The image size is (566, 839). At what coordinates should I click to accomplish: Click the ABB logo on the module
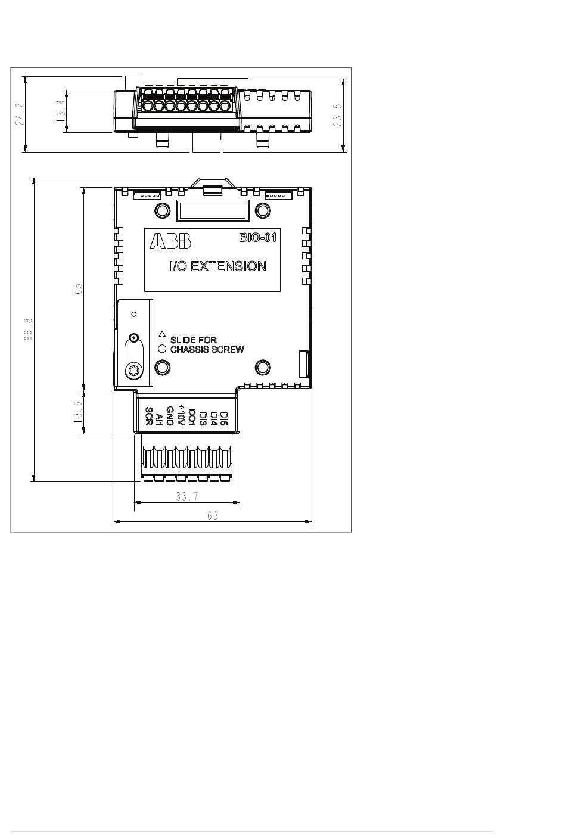(x=170, y=241)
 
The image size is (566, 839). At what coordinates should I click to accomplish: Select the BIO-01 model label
(x=258, y=238)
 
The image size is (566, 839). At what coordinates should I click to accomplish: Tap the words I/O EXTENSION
(x=218, y=266)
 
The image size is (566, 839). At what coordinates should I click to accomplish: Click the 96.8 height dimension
(x=29, y=330)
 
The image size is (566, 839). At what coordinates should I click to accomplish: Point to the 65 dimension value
(x=78, y=289)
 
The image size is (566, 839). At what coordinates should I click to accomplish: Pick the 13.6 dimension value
(x=77, y=412)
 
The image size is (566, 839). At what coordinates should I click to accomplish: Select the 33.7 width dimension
(x=187, y=496)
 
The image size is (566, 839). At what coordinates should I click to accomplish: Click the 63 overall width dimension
(x=213, y=516)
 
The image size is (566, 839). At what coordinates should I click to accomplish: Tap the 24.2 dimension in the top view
(x=20, y=114)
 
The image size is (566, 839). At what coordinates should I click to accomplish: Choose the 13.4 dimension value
(x=61, y=111)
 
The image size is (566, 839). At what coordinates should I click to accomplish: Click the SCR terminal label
(x=149, y=416)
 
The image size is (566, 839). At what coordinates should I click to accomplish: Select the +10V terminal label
(x=181, y=415)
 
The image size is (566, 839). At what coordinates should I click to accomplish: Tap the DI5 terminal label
(x=224, y=419)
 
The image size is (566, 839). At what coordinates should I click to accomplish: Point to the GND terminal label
(x=170, y=416)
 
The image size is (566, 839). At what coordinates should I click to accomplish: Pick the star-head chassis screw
(x=133, y=371)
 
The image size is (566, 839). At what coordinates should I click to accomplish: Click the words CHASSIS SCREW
(x=207, y=349)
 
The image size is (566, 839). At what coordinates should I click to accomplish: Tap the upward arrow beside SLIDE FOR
(x=162, y=337)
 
